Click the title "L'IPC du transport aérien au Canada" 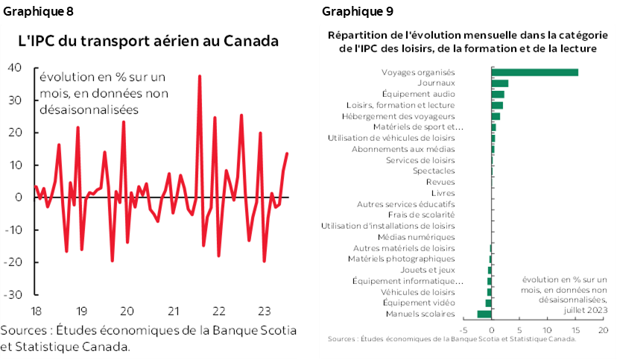148,41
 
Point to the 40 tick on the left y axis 14,68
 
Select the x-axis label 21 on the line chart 173,310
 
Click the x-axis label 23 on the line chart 265,310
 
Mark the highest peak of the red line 199,76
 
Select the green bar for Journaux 499,83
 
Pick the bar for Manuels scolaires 484,314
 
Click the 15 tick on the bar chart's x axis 575,329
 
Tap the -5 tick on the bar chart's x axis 463,329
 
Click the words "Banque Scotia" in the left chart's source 257,330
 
